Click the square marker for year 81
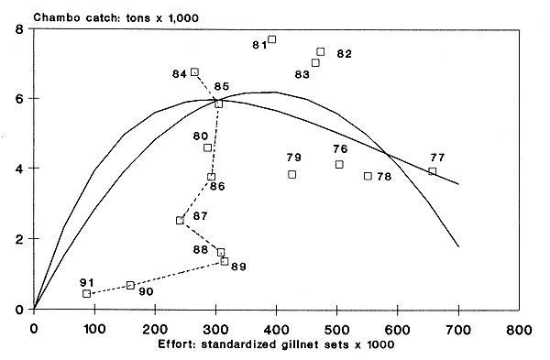(x=271, y=39)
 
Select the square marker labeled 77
(x=432, y=171)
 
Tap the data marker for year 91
(x=87, y=293)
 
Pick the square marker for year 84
(x=194, y=71)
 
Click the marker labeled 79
(x=291, y=174)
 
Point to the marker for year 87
(x=180, y=220)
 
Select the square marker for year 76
(x=339, y=164)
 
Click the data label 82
(x=345, y=54)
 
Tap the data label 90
(x=144, y=291)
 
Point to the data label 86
(x=217, y=187)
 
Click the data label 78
(x=384, y=176)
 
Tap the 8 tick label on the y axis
(x=19, y=29)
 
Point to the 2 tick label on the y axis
(x=19, y=239)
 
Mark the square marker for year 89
(x=224, y=261)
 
